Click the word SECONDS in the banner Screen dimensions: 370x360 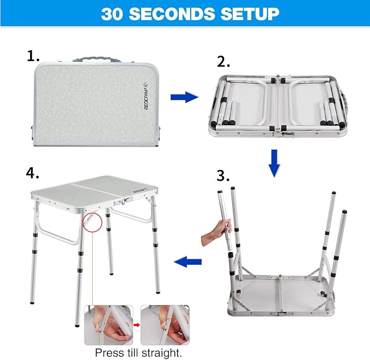click(x=172, y=14)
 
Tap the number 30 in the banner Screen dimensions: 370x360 click(x=112, y=14)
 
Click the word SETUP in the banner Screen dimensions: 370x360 click(x=250, y=14)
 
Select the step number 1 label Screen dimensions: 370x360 click(x=33, y=56)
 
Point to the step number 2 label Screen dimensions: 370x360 click(x=223, y=62)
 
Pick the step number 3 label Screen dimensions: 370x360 click(x=223, y=176)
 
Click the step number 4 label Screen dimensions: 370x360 click(x=32, y=173)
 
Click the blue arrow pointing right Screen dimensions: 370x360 click(x=184, y=97)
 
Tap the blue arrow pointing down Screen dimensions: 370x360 click(x=274, y=163)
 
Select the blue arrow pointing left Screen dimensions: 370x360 click(x=188, y=261)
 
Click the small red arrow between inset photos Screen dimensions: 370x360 click(x=137, y=325)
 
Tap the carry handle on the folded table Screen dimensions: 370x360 click(x=97, y=59)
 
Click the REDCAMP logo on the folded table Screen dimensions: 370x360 click(x=146, y=96)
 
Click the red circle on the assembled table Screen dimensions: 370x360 click(x=93, y=222)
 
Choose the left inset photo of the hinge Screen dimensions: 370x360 click(x=108, y=325)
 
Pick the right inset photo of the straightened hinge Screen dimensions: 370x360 click(x=165, y=325)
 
